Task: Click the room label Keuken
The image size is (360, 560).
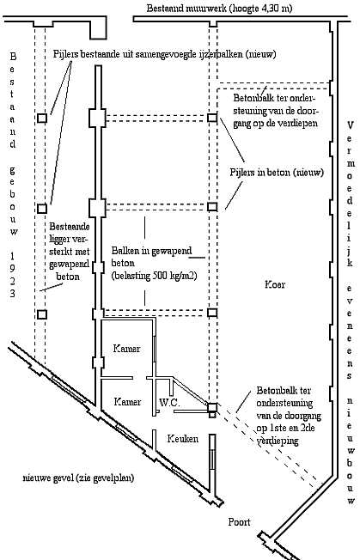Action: point(182,439)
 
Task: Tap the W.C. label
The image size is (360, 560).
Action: point(169,403)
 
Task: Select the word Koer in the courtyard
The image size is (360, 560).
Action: point(275,284)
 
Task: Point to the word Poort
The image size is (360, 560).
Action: point(240,522)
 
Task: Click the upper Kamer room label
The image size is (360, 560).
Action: point(127,348)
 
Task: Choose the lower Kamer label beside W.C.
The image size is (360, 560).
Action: point(127,402)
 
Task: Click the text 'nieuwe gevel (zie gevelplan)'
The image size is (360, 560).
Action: point(78,478)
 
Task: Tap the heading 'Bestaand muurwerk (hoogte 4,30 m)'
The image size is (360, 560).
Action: point(219,9)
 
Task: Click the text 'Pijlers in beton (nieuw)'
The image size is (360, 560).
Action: point(277,173)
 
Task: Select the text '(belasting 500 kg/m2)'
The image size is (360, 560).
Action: point(154,276)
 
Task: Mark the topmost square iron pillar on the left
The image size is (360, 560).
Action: point(42,118)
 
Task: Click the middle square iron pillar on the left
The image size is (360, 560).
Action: point(42,208)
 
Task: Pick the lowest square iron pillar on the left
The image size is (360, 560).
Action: point(42,314)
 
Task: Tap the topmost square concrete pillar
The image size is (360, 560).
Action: point(212,118)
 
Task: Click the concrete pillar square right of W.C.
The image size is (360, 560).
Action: point(212,407)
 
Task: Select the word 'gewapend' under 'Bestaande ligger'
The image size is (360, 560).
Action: point(69,265)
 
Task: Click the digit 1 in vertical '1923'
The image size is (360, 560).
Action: point(13,256)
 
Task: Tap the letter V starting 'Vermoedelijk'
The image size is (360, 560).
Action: point(350,125)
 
